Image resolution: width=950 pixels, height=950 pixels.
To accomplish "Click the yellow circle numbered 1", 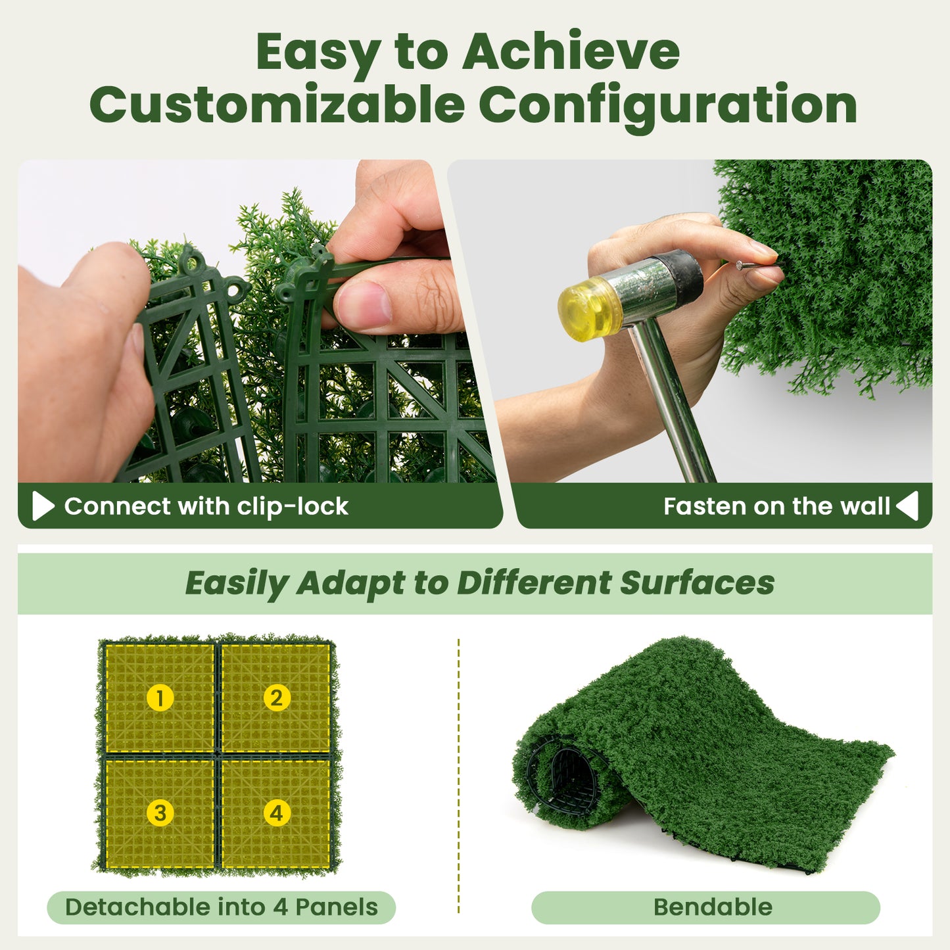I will (x=160, y=698).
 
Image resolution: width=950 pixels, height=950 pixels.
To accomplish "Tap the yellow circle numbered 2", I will (x=276, y=698).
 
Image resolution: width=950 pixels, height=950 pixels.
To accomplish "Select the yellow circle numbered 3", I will (x=160, y=813).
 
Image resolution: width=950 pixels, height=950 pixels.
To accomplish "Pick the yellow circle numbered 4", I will (x=276, y=813).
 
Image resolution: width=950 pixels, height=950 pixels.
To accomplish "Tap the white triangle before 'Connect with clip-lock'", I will (x=43, y=506).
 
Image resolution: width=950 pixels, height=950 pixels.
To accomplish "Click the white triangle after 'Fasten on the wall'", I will (x=907, y=506).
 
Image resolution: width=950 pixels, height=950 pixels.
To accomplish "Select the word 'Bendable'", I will (x=713, y=907).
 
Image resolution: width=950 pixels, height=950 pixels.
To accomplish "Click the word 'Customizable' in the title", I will (x=277, y=105).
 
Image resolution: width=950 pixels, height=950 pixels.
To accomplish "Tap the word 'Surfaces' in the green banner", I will (x=697, y=582).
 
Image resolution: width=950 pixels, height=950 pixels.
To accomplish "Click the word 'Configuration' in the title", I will (x=667, y=105).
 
